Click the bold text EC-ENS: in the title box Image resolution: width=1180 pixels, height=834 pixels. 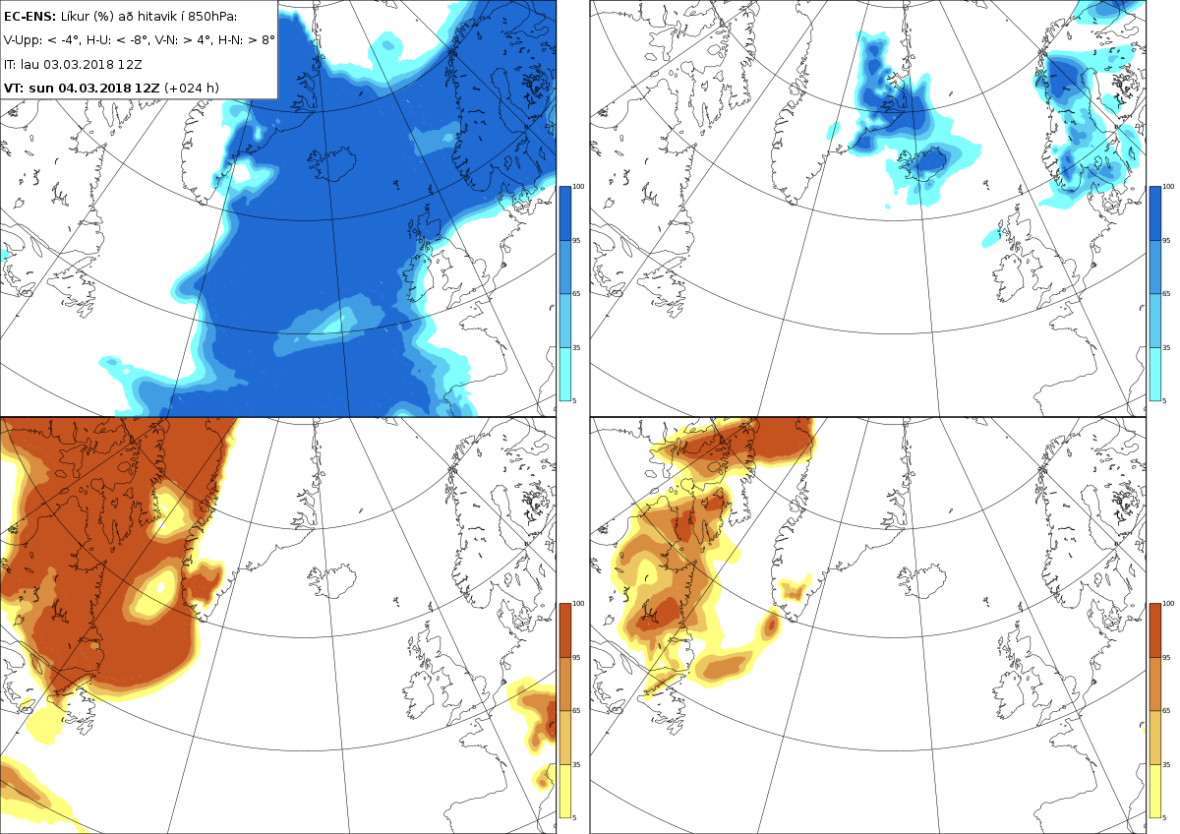tap(29, 17)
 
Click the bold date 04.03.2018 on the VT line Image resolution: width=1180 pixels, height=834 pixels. tap(93, 88)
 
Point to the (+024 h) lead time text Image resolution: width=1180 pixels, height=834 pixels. tap(192, 88)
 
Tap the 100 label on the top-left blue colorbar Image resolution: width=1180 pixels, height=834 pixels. tap(578, 187)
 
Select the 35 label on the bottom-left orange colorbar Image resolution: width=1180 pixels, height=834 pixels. tap(576, 764)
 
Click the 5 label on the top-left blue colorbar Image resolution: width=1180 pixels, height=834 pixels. tap(574, 401)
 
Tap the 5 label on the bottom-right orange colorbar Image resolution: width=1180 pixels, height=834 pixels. tap(1164, 817)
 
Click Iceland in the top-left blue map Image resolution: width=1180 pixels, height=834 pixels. tap(333, 163)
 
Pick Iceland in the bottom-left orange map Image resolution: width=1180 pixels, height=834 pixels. tap(332, 580)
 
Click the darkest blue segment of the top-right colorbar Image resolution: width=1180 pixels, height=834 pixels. tap(1154, 213)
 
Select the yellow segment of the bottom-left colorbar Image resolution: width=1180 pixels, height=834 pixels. tap(564, 791)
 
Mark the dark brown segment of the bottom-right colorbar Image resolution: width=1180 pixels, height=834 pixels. tap(1154, 630)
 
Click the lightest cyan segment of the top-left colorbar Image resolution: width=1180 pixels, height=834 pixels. tap(564, 374)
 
